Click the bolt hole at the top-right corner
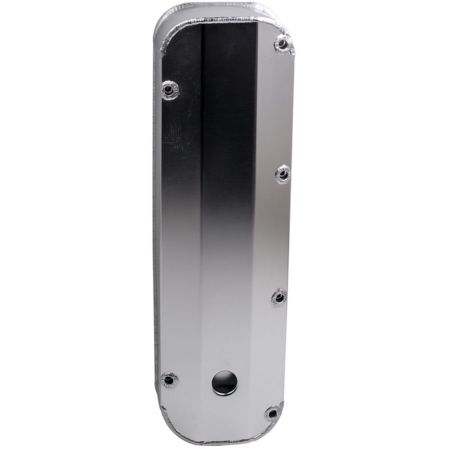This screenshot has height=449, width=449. point(282,44)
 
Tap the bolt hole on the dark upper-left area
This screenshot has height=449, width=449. point(169,90)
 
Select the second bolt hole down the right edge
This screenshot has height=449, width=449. point(283,174)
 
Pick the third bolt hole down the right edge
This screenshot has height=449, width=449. point(279,297)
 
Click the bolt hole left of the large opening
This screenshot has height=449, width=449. point(169,380)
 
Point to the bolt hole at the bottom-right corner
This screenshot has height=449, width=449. point(272,413)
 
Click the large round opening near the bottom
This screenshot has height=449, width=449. point(224,382)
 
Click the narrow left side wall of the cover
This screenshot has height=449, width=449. point(157,224)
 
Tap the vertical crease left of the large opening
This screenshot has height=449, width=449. point(201,314)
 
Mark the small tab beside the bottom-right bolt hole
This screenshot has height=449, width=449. point(281,406)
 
